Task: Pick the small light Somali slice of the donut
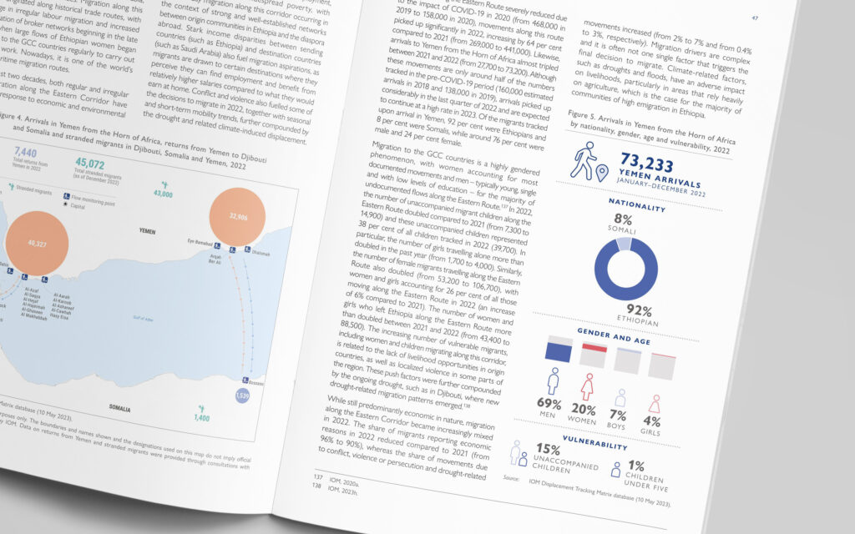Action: (623, 244)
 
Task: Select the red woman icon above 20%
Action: (587, 385)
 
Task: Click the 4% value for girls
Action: (651, 422)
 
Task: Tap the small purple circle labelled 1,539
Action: (242, 394)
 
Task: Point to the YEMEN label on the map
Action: (147, 230)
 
